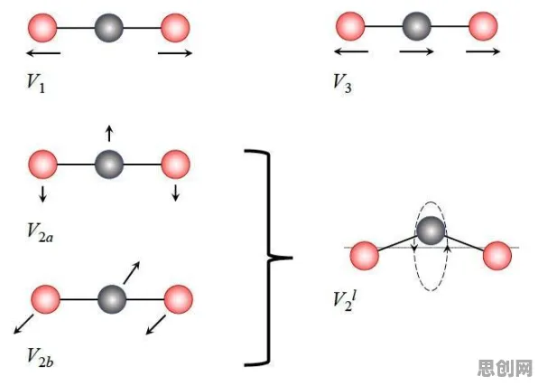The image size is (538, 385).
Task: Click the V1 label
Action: click(36, 83)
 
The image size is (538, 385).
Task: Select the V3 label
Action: click(342, 83)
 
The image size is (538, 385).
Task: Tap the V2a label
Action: click(40, 233)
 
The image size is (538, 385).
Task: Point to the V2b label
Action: click(40, 357)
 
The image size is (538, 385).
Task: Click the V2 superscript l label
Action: click(345, 302)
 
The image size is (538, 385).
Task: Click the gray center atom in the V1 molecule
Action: click(108, 28)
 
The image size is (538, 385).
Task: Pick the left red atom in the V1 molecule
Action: click(42, 28)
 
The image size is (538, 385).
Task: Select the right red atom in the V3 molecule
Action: click(483, 26)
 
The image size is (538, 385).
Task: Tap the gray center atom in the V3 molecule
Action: click(416, 26)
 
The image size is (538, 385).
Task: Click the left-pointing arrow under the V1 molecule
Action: click(43, 53)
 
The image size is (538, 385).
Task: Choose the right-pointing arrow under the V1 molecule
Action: click(175, 53)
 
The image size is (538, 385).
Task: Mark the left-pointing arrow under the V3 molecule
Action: click(351, 52)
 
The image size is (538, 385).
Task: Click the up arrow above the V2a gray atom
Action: click(109, 134)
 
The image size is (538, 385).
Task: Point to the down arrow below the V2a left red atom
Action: click(42, 193)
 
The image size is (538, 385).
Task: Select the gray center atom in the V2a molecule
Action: click(109, 164)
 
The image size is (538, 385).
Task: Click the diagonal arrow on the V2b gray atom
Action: click(132, 273)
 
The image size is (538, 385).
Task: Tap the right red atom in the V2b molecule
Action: click(179, 299)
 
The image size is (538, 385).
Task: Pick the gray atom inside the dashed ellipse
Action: click(431, 230)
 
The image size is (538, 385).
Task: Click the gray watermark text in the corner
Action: click(506, 368)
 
